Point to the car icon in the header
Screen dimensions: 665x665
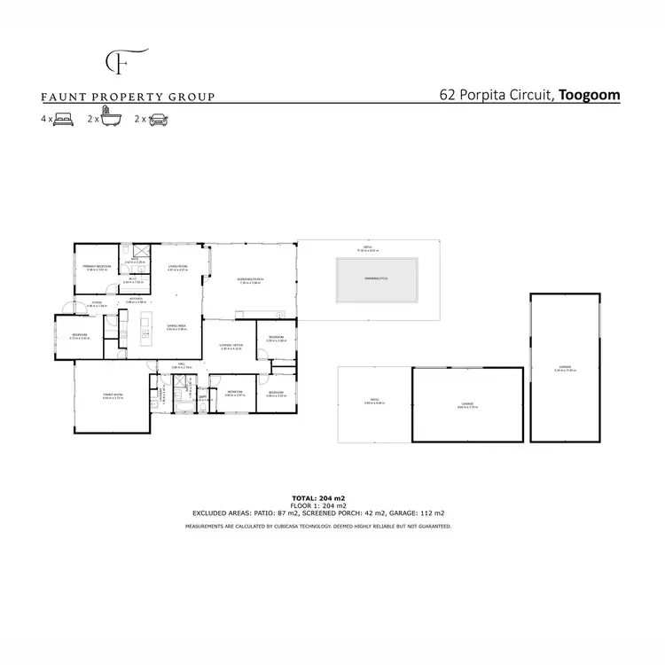coord(159,118)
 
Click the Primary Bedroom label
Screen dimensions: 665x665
coord(96,266)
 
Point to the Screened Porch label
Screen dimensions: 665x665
coord(250,279)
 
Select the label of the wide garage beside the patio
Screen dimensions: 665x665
coord(467,403)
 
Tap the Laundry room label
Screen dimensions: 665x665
coord(161,395)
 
